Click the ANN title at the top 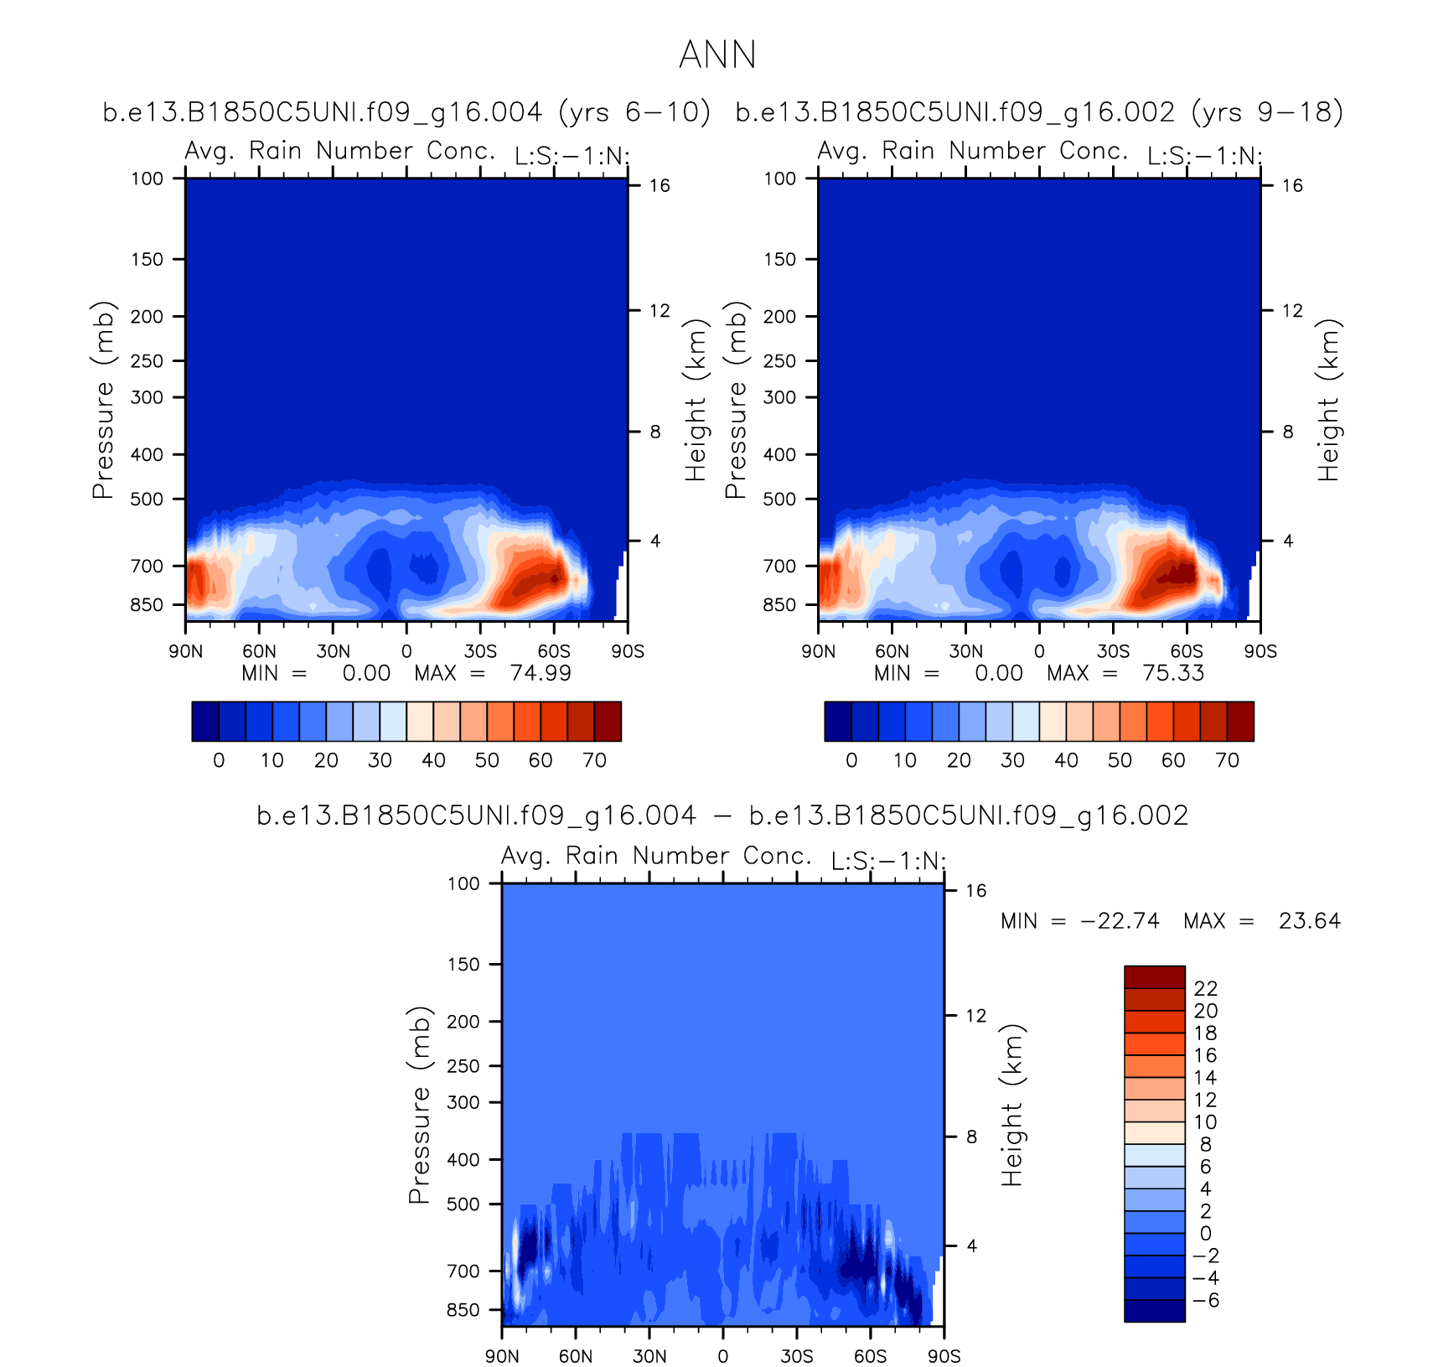(717, 55)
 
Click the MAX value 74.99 (541, 673)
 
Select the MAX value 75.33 (1173, 673)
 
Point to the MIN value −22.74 (1120, 921)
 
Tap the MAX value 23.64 (1310, 921)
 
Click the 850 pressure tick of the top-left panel (147, 605)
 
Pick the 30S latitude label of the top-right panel (1113, 651)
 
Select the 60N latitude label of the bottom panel (576, 1356)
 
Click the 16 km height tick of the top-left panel (660, 186)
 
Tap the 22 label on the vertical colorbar (1205, 989)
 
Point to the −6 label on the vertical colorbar (1205, 1301)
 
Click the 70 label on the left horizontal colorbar (594, 760)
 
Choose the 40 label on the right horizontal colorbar (1066, 760)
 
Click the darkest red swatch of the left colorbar (608, 722)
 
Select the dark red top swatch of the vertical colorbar (1154, 977)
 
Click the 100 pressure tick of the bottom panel (463, 883)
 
